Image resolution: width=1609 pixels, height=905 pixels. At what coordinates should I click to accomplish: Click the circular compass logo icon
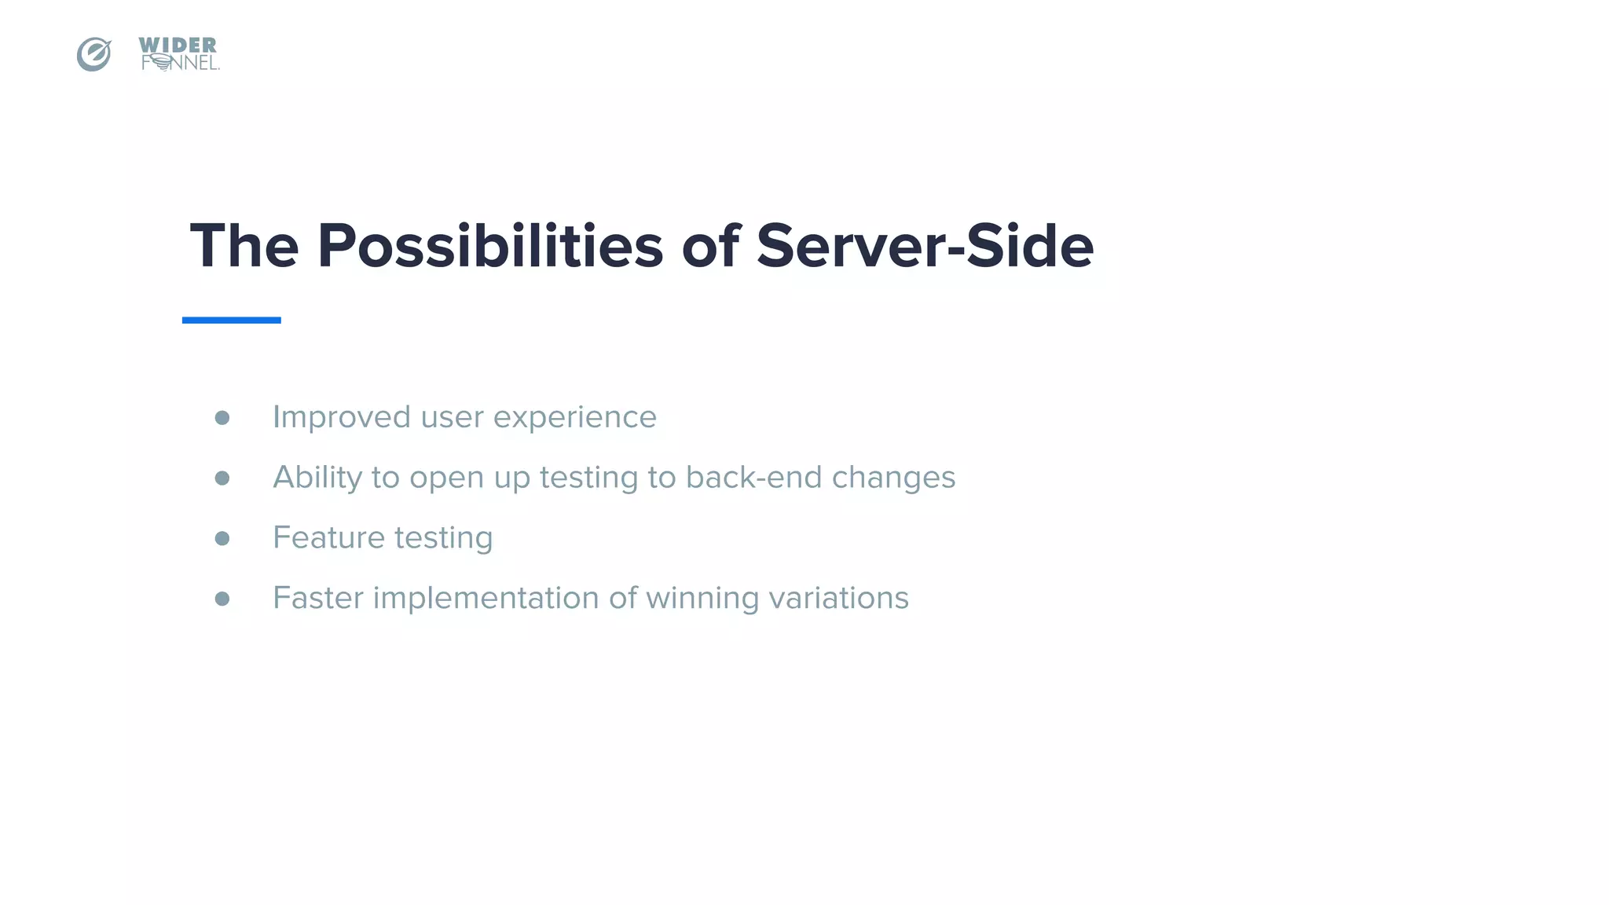click(93, 54)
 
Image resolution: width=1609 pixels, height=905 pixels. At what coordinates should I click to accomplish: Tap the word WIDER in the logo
click(178, 46)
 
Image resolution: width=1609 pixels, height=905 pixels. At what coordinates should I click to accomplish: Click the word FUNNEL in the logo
click(180, 64)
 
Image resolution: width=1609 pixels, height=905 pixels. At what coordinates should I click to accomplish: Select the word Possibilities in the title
click(490, 246)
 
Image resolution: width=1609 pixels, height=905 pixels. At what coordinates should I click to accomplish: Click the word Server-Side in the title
click(925, 246)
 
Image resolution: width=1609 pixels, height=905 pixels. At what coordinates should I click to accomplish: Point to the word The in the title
click(244, 246)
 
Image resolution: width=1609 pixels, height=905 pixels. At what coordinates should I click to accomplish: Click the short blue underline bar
click(231, 320)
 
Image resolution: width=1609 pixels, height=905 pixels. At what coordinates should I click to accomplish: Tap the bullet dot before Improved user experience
click(222, 418)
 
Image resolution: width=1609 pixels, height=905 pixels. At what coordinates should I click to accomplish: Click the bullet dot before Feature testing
click(222, 538)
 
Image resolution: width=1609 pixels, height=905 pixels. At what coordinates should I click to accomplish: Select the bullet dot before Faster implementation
click(222, 599)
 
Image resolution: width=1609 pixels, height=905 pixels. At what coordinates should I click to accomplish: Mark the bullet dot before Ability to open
click(222, 478)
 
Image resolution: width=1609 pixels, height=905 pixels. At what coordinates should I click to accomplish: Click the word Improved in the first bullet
click(341, 417)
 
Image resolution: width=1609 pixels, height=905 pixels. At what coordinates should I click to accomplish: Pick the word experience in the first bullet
click(574, 417)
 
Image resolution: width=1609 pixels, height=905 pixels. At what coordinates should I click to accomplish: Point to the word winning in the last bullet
click(702, 598)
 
